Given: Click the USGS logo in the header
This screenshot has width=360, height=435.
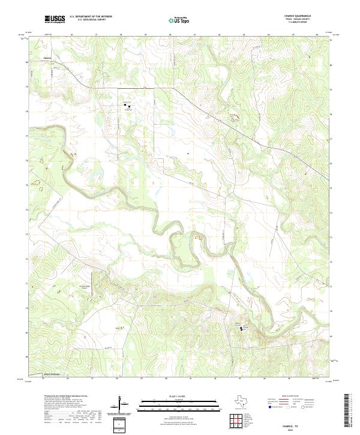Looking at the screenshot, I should tap(54, 19).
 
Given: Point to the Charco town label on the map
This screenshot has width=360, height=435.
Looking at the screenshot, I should tap(48, 58).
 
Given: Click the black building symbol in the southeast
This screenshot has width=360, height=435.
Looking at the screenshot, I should tap(243, 328).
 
